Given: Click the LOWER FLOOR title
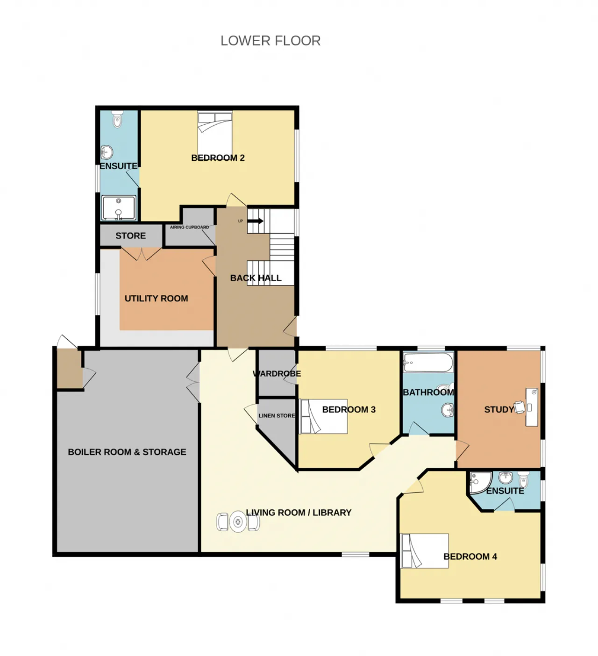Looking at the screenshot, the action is pos(271,41).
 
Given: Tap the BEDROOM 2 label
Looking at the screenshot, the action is pos(218,158).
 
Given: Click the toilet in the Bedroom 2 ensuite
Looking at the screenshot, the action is pos(117,119).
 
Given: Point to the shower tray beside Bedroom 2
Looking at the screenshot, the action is pos(118,208).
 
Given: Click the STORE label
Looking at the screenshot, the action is pos(130,236).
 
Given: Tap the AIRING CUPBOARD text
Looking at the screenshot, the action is pos(189,227).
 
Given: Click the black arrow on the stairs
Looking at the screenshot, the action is pos(255,221).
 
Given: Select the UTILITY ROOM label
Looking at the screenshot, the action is pos(157,299).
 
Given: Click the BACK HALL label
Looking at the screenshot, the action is pos(256,278).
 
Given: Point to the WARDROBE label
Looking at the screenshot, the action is pos(277,373).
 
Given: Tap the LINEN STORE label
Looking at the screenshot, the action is pos(277,416).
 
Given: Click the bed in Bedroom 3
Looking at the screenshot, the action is pos(324,416).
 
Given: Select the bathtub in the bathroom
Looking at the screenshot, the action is pos(428,362).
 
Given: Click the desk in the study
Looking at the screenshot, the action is pos(532,407).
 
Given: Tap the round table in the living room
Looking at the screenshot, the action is pos(238,522).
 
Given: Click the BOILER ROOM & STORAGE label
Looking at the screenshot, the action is pos(127,452).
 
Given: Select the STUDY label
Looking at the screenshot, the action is pos(499,409).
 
